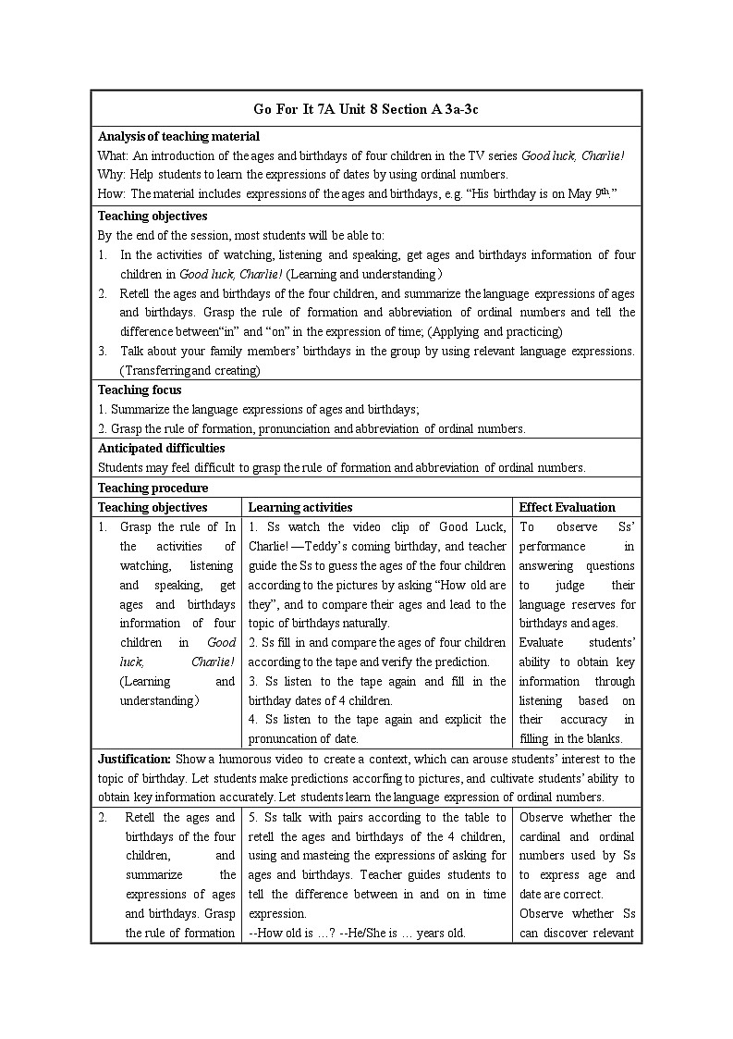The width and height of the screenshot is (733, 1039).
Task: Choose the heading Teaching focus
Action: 140,390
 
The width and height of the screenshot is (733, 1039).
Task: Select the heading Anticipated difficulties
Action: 161,448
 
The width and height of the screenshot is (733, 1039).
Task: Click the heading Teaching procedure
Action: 153,488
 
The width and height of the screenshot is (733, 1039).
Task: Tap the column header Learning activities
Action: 300,507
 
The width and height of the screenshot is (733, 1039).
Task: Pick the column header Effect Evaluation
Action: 567,507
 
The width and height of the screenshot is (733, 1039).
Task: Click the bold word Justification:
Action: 134,759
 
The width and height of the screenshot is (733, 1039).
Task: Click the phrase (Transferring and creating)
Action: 190,370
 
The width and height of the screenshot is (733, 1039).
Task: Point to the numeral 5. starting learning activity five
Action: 253,817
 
